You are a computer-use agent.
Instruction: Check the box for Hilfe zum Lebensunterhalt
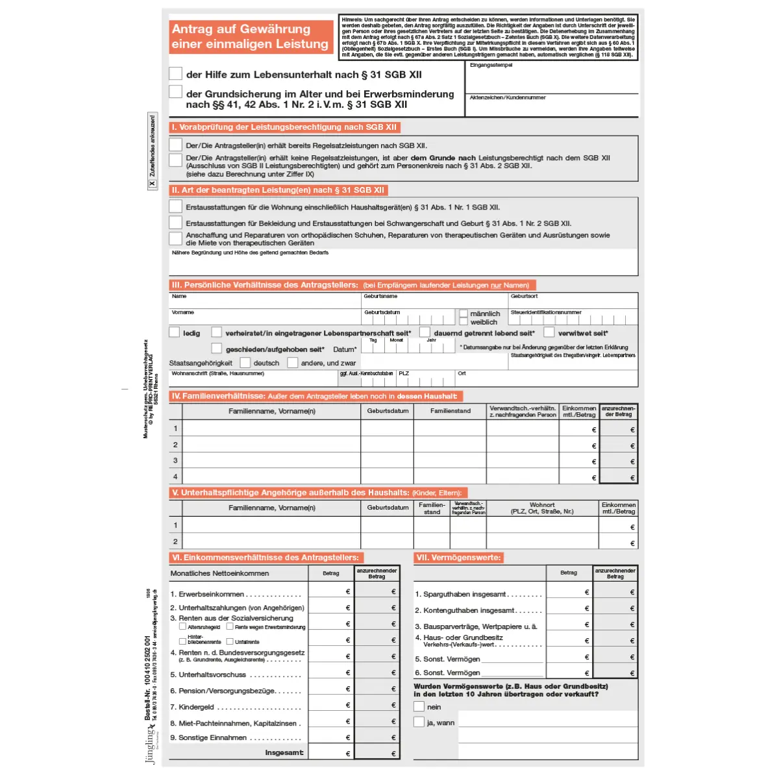[175, 73]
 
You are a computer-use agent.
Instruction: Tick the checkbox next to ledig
[175, 332]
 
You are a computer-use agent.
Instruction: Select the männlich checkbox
[464, 314]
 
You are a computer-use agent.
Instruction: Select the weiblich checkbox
[464, 322]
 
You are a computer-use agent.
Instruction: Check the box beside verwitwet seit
[549, 332]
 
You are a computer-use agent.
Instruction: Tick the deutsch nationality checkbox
[245, 363]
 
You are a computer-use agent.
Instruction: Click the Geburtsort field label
[524, 297]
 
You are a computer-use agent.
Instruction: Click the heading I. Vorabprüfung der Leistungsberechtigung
[284, 127]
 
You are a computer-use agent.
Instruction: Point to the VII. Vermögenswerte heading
[458, 558]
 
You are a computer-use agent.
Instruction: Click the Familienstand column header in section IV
[450, 411]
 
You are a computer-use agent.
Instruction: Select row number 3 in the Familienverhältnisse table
[175, 460]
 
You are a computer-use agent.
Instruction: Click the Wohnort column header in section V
[542, 508]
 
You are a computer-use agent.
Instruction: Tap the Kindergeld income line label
[197, 707]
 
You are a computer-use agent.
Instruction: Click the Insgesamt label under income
[284, 753]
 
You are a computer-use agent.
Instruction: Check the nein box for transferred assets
[419, 707]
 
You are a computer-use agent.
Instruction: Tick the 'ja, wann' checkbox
[419, 722]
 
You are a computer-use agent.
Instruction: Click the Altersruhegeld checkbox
[182, 627]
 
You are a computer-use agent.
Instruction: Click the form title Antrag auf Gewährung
[241, 29]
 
